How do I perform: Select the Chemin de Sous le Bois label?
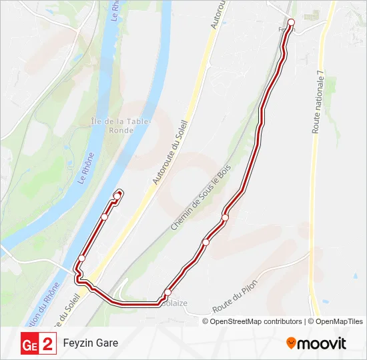click(x=200, y=197)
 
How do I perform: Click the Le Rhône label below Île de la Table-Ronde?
click(x=87, y=168)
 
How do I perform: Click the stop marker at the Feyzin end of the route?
click(x=291, y=23)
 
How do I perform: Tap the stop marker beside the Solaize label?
click(x=167, y=293)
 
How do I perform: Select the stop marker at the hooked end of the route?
click(x=117, y=195)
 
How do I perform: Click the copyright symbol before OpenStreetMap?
click(x=206, y=321)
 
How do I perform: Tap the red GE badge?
click(x=30, y=344)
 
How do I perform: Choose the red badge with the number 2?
click(x=47, y=344)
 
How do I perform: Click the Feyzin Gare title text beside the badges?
click(x=91, y=343)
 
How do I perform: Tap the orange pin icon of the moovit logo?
click(x=291, y=343)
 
